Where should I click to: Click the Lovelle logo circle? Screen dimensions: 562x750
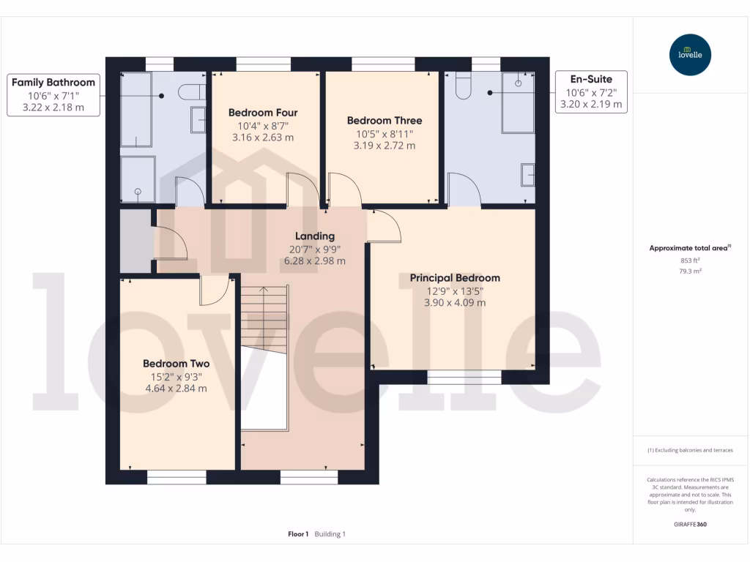pyautogui.click(x=690, y=55)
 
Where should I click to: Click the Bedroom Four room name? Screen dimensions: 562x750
pyautogui.click(x=263, y=113)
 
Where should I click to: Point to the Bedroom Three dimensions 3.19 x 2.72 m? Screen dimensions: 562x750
pyautogui.click(x=385, y=146)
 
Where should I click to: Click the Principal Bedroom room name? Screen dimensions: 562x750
pyautogui.click(x=455, y=278)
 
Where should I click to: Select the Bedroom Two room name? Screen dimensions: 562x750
pyautogui.click(x=176, y=364)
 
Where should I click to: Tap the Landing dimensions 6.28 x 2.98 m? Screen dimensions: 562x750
pyautogui.click(x=315, y=261)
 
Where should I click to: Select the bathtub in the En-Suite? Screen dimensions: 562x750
pyautogui.click(x=518, y=102)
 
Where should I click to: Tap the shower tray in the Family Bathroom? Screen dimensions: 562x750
pyautogui.click(x=138, y=179)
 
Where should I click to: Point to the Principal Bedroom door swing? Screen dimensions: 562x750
pyautogui.click(x=385, y=226)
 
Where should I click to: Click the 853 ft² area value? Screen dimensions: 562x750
pyautogui.click(x=690, y=261)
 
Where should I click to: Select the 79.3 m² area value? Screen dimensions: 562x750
pyautogui.click(x=690, y=271)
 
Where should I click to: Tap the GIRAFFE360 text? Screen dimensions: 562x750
pyautogui.click(x=690, y=525)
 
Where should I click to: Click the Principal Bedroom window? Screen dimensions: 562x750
pyautogui.click(x=464, y=377)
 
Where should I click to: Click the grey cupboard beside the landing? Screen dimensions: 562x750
pyautogui.click(x=135, y=240)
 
